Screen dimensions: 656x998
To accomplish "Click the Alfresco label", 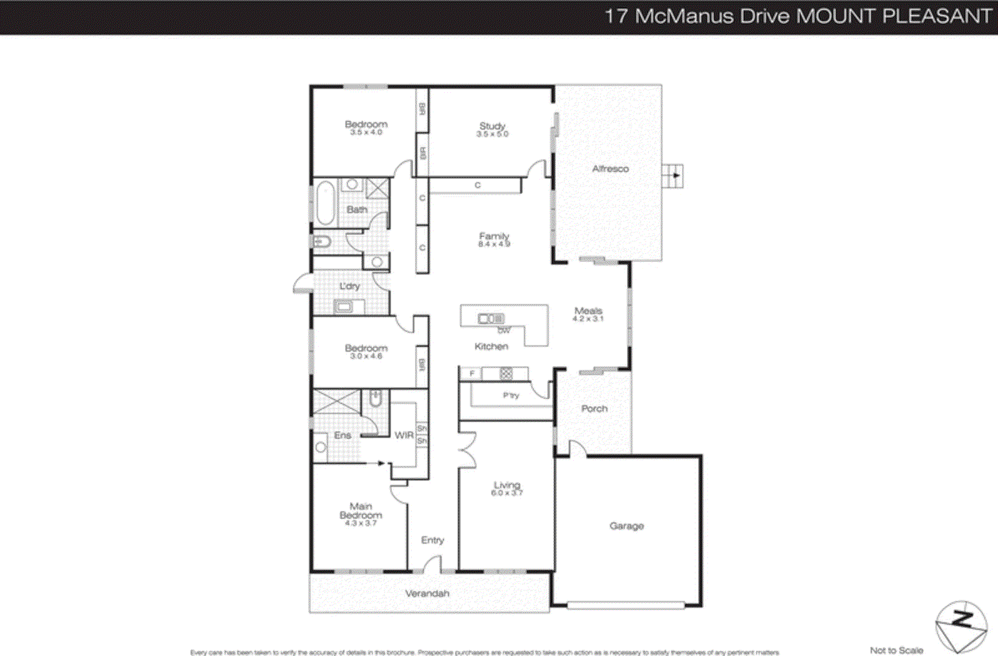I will click(610, 168).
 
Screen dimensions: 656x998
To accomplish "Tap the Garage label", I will click(626, 526).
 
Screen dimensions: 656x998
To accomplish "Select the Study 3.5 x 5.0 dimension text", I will click(492, 134).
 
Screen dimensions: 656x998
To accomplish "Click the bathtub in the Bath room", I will click(325, 203).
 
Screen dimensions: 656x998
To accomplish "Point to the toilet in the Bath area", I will click(321, 242).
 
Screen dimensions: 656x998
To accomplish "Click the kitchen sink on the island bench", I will click(491, 319).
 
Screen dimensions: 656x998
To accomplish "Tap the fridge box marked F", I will click(472, 374).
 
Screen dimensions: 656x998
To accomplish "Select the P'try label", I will click(511, 395).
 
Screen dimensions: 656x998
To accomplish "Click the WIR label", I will click(404, 435).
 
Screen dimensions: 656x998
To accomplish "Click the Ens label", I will click(342, 435).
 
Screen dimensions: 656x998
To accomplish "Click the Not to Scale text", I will click(896, 650).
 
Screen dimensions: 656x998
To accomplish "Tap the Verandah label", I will click(427, 593).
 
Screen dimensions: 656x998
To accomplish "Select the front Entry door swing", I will click(432, 565).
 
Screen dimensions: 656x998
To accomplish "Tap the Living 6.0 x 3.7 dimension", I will click(506, 493).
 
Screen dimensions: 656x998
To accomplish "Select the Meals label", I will click(588, 310).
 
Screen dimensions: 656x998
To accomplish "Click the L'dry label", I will click(349, 286).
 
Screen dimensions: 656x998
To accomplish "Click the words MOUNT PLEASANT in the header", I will click(894, 16).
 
